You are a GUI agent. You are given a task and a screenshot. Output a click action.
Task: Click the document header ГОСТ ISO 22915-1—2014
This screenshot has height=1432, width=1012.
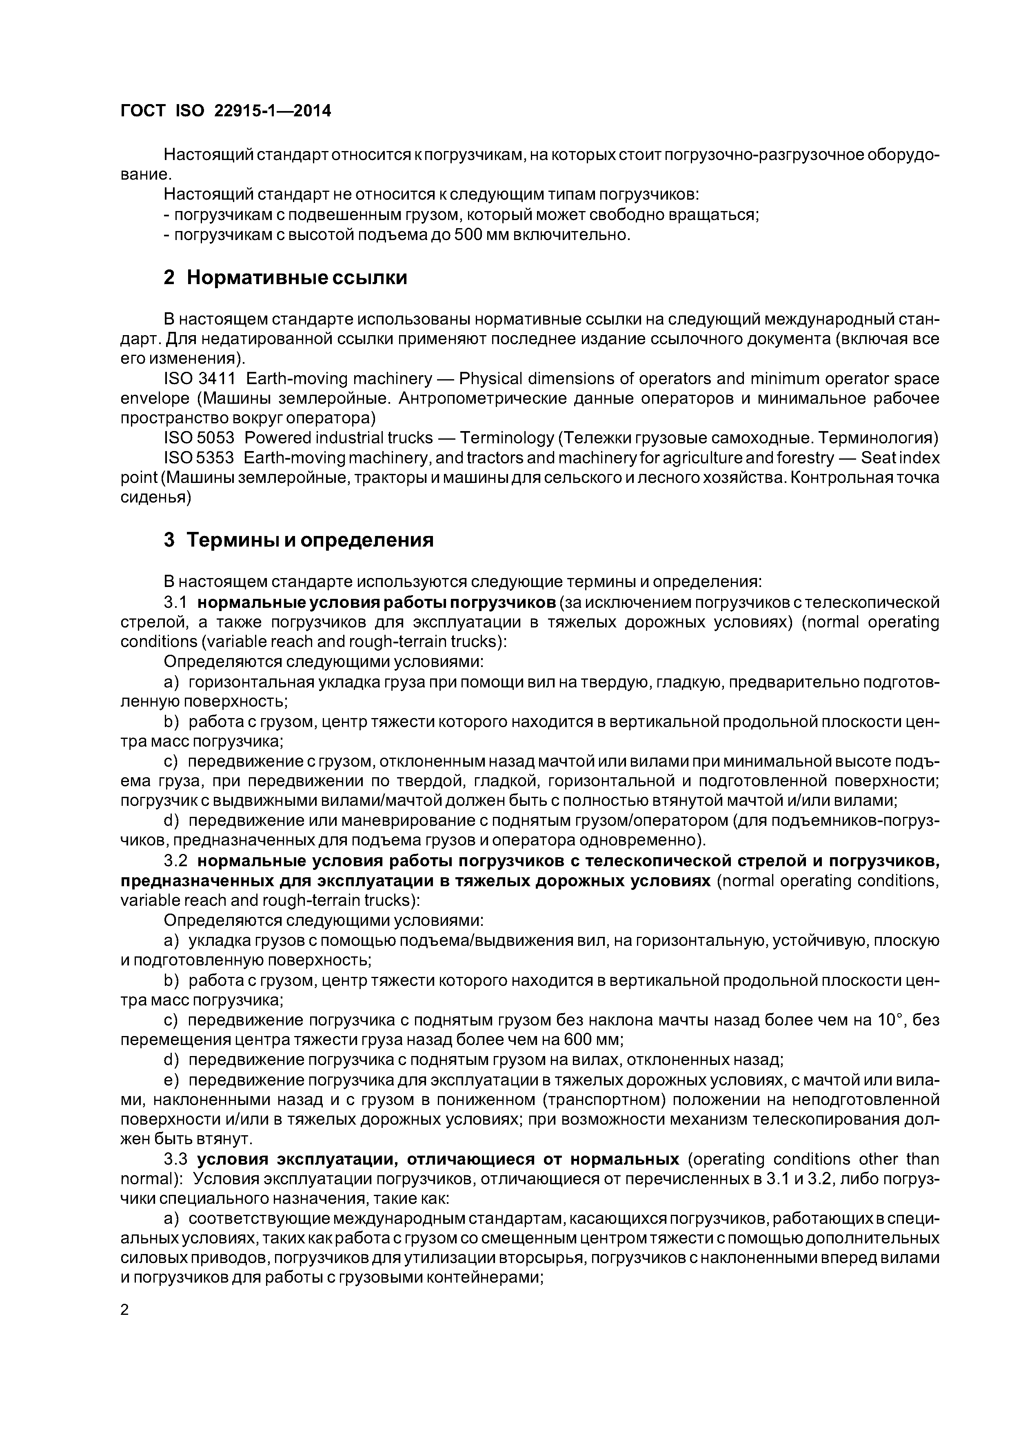coord(225,111)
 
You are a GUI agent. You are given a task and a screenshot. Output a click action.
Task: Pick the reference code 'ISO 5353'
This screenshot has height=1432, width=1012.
coord(199,458)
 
